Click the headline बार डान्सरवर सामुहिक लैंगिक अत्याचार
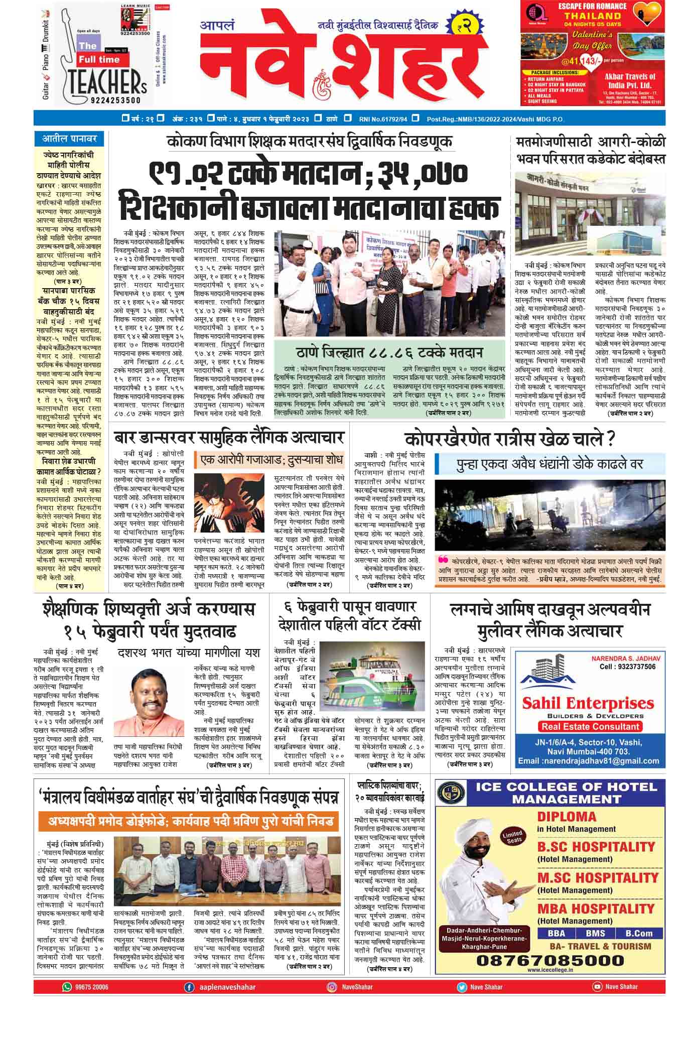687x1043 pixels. coord(229,437)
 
